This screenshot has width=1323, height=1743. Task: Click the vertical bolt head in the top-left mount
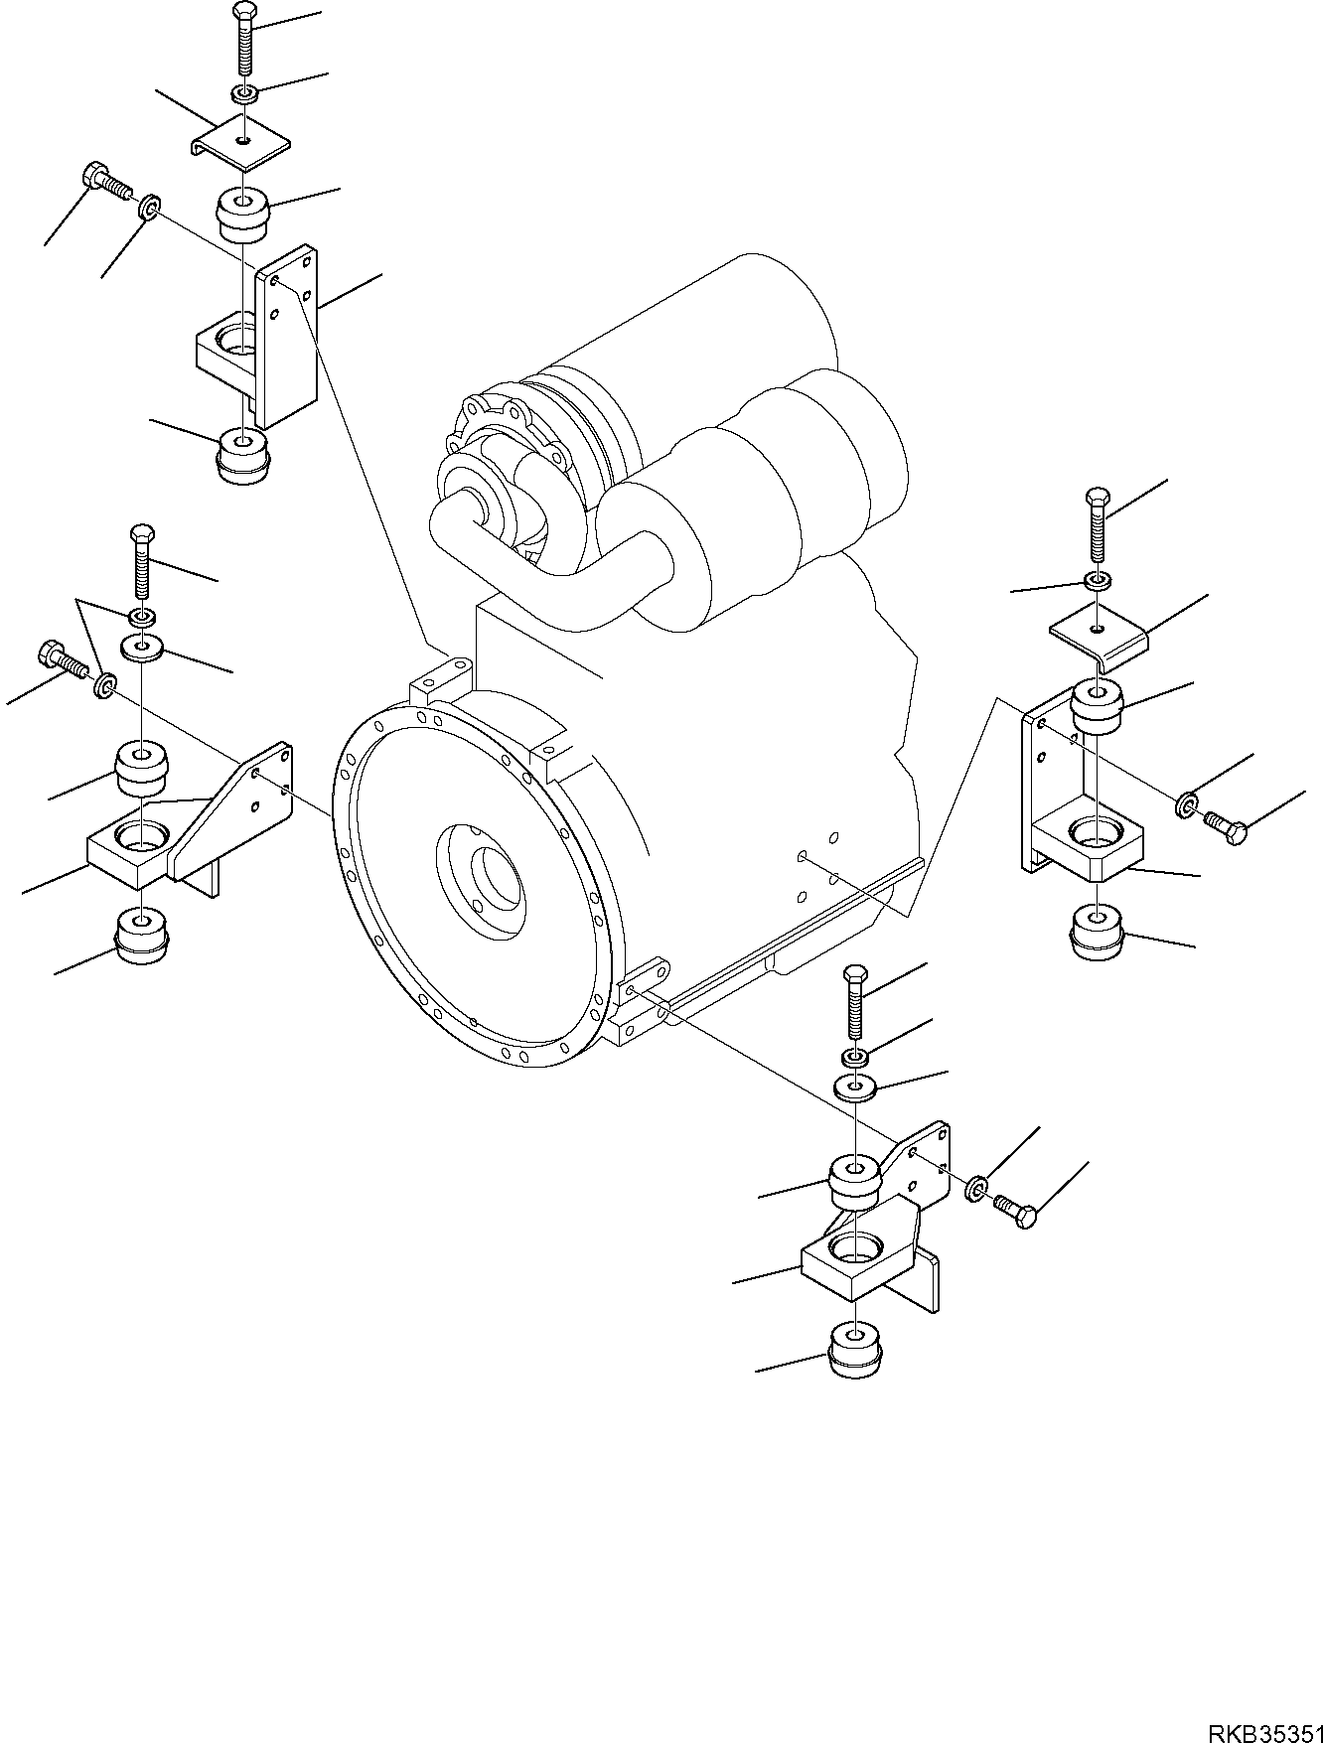click(244, 13)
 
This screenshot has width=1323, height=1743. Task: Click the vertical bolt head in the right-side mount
click(1098, 497)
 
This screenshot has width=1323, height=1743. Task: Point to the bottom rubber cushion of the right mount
click(1098, 933)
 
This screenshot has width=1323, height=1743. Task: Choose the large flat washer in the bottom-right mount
click(855, 1086)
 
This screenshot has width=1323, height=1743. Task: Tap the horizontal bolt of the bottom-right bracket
click(1015, 1208)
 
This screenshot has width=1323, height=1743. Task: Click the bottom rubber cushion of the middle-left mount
click(142, 936)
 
